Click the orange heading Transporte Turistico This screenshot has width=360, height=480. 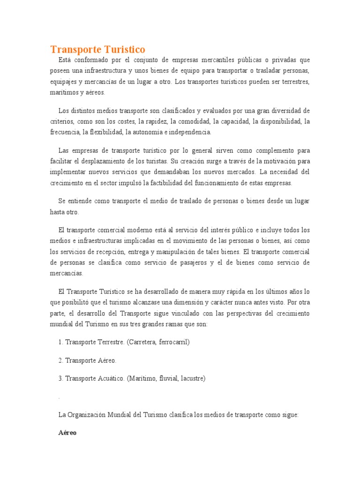tap(97, 49)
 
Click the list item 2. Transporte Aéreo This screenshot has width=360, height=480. tap(87, 360)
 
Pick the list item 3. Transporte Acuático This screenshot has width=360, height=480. tap(91, 378)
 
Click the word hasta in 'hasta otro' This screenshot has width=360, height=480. tap(58, 212)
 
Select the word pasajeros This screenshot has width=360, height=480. tap(191, 262)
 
